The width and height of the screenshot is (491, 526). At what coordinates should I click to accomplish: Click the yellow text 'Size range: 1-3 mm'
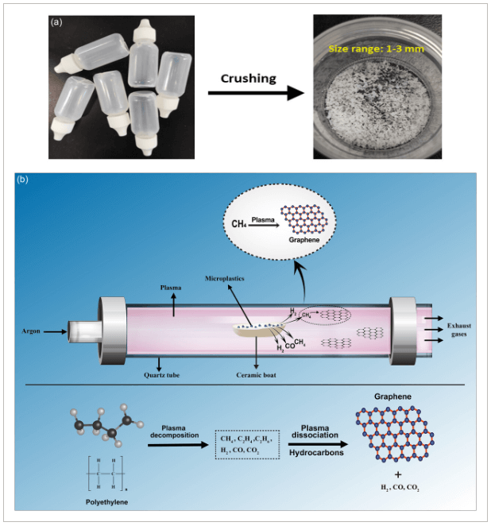377,48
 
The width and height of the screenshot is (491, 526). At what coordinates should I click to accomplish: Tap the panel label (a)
56,22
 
